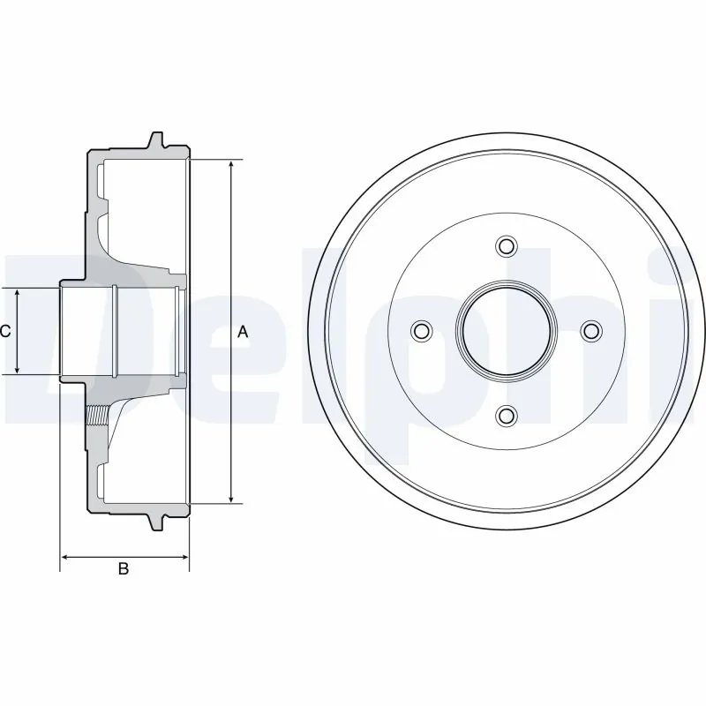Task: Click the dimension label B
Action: click(x=124, y=570)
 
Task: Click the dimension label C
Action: click(x=5, y=332)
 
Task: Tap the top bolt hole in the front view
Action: click(x=506, y=245)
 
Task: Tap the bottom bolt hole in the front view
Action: click(x=506, y=415)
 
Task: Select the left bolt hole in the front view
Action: click(x=421, y=330)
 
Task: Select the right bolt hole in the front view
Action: click(x=590, y=330)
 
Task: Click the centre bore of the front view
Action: click(x=506, y=330)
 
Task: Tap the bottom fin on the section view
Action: click(x=157, y=522)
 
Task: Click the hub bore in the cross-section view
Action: click(x=88, y=332)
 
